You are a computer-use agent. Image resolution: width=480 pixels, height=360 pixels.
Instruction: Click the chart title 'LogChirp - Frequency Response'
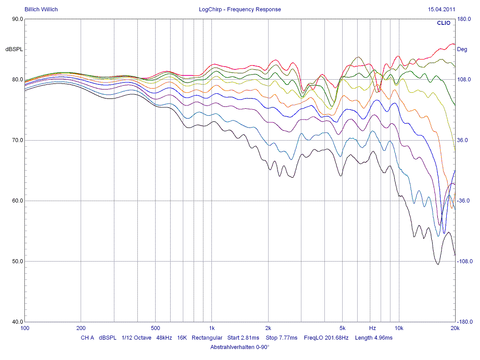(240, 9)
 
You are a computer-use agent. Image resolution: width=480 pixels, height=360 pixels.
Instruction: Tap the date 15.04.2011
(441, 9)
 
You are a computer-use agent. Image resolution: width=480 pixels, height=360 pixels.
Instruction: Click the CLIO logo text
(443, 22)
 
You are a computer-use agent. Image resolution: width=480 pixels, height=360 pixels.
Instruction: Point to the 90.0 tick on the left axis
(17, 19)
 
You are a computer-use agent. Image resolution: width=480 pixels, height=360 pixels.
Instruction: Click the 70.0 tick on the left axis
(17, 140)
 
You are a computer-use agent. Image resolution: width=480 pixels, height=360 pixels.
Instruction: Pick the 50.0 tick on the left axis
(17, 261)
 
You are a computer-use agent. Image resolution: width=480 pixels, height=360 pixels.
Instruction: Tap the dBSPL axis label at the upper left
(14, 49)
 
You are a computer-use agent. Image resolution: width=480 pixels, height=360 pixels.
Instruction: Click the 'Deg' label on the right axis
(462, 49)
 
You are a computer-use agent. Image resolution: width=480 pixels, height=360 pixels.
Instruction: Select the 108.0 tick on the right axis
(464, 80)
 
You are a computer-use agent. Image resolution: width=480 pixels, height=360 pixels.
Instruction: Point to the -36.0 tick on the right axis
(464, 201)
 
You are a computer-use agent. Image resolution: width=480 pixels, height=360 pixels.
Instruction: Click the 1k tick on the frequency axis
(212, 328)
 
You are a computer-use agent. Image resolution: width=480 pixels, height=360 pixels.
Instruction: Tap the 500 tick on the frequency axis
(156, 328)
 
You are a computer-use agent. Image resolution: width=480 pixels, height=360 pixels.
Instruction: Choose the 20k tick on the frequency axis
(454, 328)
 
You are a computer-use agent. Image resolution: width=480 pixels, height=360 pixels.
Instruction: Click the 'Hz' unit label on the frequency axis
(373, 328)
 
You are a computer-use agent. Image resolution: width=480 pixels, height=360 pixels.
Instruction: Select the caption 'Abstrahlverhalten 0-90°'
(240, 347)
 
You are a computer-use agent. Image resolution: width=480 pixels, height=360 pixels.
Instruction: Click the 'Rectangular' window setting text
(207, 337)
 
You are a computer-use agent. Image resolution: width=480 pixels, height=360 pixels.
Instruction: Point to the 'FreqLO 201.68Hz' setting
(326, 337)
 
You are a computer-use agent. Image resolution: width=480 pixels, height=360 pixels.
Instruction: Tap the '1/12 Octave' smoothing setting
(136, 337)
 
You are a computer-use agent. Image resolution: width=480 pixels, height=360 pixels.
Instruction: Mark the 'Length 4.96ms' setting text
(374, 337)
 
